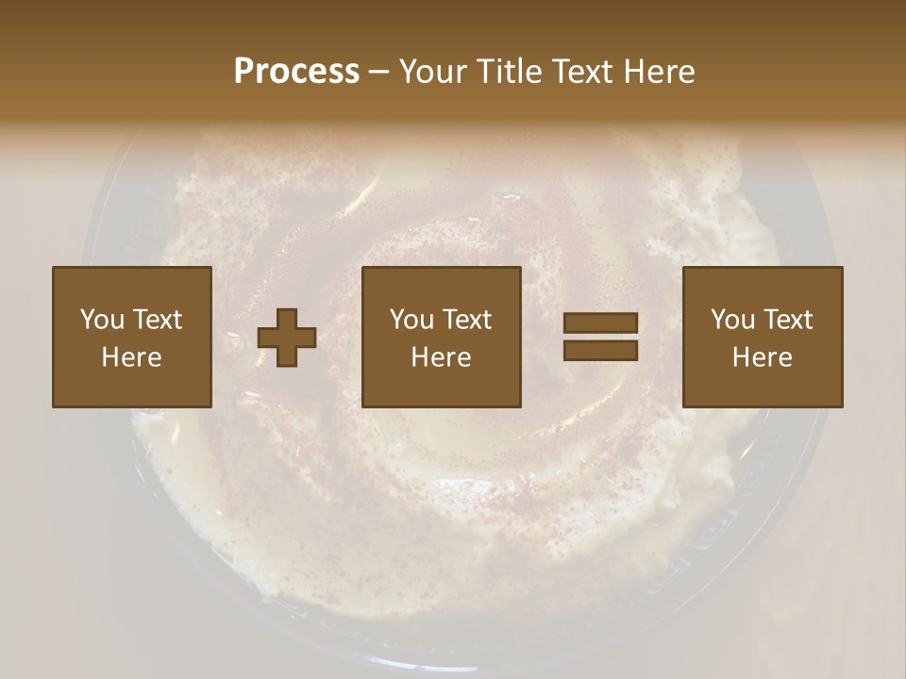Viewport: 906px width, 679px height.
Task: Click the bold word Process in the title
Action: [296, 72]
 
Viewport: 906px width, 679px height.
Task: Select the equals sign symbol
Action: [600, 337]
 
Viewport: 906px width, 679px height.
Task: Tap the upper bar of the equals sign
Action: [600, 323]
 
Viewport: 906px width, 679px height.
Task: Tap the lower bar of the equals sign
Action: [600, 350]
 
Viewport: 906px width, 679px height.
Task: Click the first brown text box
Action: [132, 337]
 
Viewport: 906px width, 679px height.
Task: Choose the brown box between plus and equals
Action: [442, 337]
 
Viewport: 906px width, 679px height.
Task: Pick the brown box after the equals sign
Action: [763, 337]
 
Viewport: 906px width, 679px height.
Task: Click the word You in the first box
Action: [101, 320]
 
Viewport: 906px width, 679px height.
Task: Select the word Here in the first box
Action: [132, 357]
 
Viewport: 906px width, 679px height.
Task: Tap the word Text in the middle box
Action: [467, 320]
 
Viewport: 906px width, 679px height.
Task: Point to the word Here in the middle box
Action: [442, 357]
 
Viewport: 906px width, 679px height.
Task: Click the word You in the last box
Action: [731, 320]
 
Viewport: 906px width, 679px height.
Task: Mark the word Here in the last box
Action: [763, 357]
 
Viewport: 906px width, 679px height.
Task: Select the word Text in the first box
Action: [158, 320]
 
